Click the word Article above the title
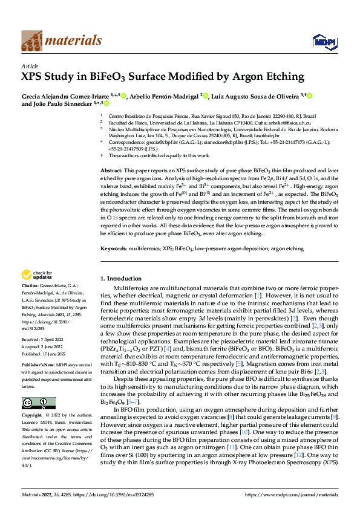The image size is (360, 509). (29, 66)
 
